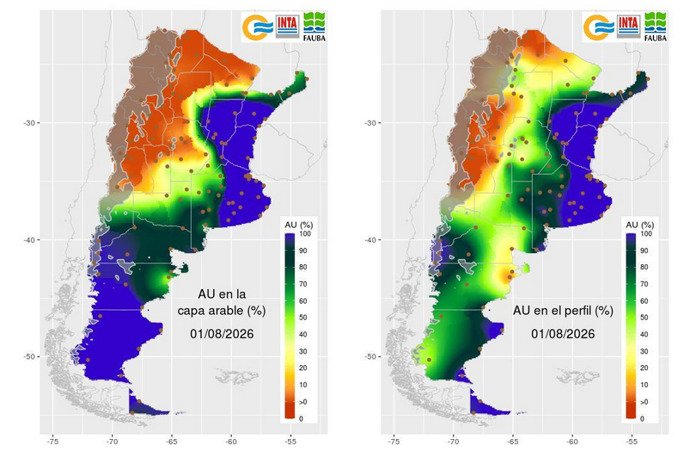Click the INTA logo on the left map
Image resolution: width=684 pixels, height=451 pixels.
[288, 27]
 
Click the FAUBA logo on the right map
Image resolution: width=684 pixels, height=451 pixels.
[656, 27]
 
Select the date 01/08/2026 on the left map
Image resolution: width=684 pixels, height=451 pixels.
[222, 334]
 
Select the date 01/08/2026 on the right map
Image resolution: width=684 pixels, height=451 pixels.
[563, 334]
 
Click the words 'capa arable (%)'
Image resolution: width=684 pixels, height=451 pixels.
[221, 311]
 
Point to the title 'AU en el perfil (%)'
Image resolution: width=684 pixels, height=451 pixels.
[563, 311]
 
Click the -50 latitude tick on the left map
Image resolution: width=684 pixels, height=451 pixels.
[29, 356]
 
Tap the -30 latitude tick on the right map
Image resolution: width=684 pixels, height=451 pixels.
[370, 123]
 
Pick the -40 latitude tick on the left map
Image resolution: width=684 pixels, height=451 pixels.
[29, 240]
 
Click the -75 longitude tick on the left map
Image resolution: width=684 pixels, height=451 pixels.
[52, 442]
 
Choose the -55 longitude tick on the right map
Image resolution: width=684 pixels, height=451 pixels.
[632, 442]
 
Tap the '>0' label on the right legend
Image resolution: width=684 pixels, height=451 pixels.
[644, 402]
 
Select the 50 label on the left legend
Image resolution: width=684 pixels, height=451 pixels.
[303, 318]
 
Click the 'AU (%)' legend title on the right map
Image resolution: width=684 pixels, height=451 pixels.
[639, 225]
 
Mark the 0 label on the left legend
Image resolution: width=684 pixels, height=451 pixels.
[302, 418]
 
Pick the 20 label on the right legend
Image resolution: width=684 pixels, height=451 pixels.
[644, 368]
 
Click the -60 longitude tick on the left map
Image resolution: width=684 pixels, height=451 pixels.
[231, 442]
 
